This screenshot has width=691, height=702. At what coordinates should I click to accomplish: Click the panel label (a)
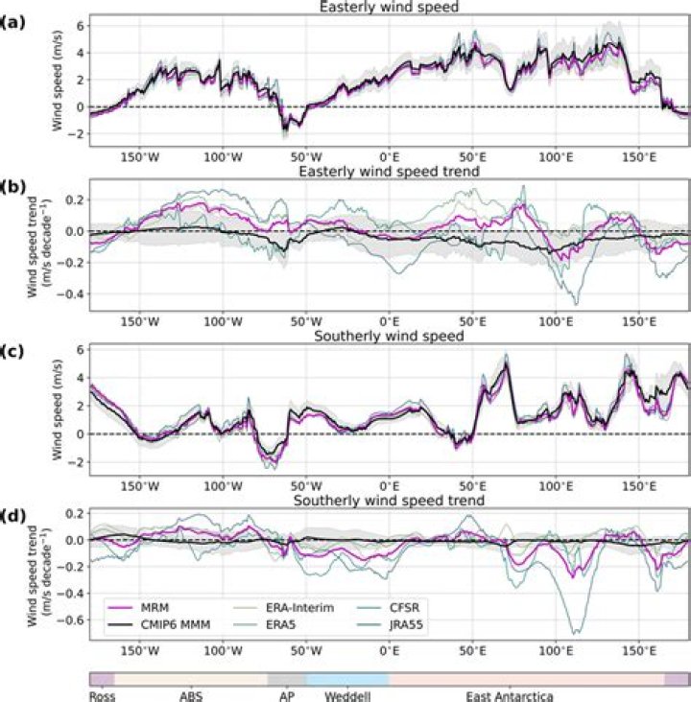coord(12,14)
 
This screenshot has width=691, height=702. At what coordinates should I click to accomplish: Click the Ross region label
coord(102,697)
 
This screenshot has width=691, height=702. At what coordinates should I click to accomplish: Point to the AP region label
coord(286,697)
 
